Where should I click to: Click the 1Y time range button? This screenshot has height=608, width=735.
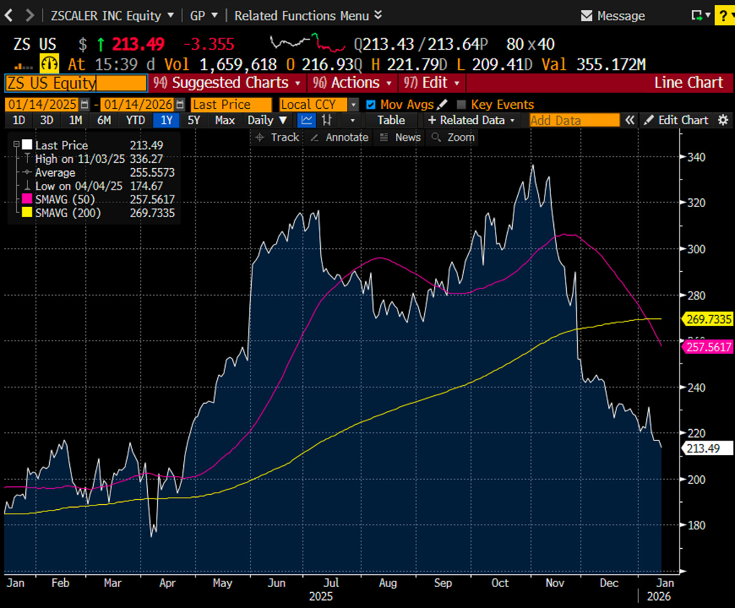[166, 120]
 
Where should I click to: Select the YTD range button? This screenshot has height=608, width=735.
[135, 120]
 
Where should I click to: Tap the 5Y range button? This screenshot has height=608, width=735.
[194, 120]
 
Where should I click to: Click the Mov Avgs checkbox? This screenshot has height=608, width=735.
[371, 104]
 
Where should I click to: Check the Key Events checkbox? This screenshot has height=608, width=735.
[461, 104]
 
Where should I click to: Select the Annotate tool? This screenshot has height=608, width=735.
[340, 137]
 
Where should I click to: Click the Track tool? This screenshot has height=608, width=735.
[278, 137]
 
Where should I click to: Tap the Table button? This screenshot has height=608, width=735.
[391, 120]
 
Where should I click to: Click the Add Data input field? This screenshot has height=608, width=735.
[574, 120]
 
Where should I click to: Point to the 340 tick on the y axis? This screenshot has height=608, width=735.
[696, 157]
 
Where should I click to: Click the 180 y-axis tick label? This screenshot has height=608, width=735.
[696, 525]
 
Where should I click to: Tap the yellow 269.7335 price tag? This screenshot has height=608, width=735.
[708, 319]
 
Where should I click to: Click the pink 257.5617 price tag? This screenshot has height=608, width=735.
[708, 347]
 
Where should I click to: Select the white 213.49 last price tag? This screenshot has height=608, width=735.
[706, 448]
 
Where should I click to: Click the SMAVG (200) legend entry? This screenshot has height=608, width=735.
[68, 213]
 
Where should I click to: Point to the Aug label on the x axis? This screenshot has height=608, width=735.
[388, 583]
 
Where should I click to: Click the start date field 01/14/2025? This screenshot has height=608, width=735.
[42, 104]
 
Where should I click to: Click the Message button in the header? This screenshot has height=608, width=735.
[613, 16]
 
